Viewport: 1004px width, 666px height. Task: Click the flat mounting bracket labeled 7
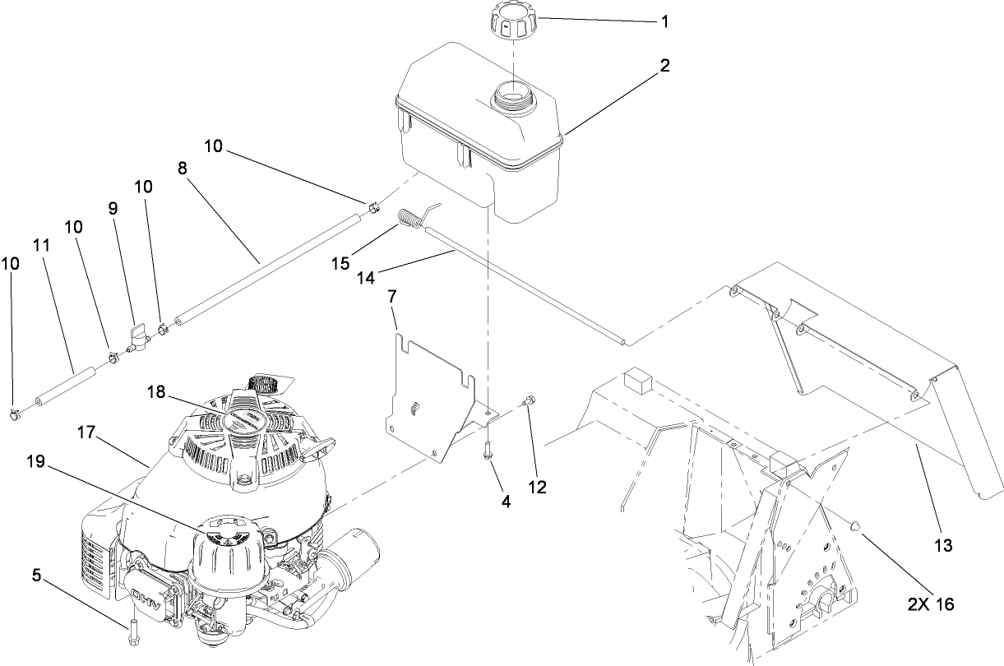[428, 395]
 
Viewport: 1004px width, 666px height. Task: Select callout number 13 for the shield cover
[943, 545]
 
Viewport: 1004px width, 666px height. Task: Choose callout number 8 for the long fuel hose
[182, 167]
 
